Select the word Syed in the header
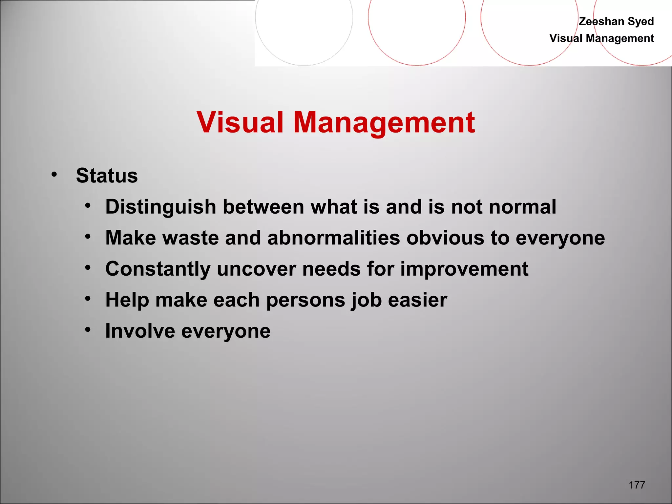[640, 21]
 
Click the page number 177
[637, 485]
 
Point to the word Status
[107, 176]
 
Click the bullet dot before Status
[54, 175]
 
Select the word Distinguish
[160, 207]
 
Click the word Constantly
[157, 269]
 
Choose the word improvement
[464, 269]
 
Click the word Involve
[140, 331]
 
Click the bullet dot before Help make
[88, 299]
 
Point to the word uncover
[256, 269]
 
